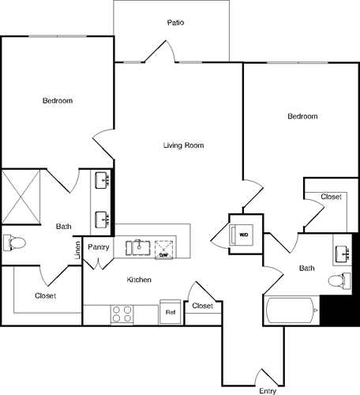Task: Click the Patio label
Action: point(175,23)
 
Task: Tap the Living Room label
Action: point(184,145)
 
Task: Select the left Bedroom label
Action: point(58,100)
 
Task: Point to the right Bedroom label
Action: point(302,116)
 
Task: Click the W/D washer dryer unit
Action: point(242,234)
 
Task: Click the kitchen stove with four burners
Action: point(122,314)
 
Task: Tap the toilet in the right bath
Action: point(337,279)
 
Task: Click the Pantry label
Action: point(99,247)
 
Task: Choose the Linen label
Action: point(77,251)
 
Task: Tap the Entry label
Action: point(268,390)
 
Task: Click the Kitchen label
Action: point(139,280)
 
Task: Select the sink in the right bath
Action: point(343,254)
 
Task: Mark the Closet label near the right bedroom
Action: point(331,197)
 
